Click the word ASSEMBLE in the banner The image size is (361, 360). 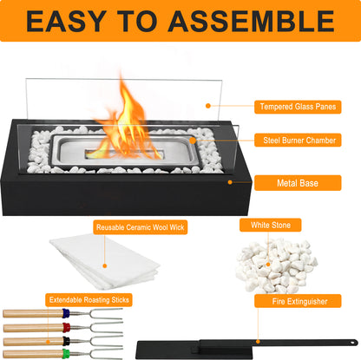(x=252, y=21)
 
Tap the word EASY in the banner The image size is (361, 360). (x=66, y=21)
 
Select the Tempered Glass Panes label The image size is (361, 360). (x=298, y=107)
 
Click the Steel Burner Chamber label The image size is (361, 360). (x=298, y=141)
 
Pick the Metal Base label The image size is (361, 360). (x=298, y=183)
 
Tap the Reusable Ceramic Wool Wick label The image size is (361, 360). (x=141, y=227)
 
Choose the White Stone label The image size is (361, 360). (x=271, y=225)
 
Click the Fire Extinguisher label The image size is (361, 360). (x=298, y=301)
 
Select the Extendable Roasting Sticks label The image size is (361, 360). (x=89, y=299)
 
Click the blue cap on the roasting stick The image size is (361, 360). (x=66, y=313)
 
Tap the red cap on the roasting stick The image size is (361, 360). (x=66, y=327)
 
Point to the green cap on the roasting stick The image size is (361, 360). (x=66, y=354)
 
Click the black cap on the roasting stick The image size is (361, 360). (x=66, y=341)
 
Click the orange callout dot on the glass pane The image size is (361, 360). (x=208, y=106)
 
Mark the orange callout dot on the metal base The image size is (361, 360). (x=230, y=182)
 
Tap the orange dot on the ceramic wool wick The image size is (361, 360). (x=105, y=265)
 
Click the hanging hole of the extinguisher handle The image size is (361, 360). (x=352, y=343)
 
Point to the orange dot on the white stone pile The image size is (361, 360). (x=268, y=265)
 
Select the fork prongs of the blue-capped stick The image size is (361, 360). (x=107, y=313)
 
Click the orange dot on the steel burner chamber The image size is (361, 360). (x=193, y=141)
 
